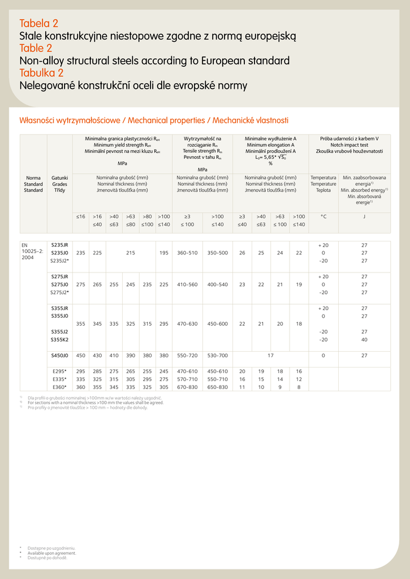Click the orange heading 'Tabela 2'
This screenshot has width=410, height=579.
[x=38, y=23]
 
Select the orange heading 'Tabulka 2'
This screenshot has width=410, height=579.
[x=41, y=73]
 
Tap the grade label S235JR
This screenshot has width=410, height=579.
[x=59, y=245]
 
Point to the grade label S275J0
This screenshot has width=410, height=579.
[x=59, y=284]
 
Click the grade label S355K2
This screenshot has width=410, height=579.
[x=59, y=340]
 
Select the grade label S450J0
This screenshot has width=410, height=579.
[x=59, y=356]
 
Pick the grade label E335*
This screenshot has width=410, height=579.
[x=59, y=379]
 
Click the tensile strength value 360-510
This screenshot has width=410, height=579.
[x=187, y=253]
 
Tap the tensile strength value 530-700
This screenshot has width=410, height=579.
[x=218, y=356]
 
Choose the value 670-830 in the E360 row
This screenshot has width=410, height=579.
[x=187, y=387]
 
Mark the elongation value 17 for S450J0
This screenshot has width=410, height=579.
[x=270, y=356]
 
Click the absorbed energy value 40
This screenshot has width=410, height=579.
[x=364, y=340]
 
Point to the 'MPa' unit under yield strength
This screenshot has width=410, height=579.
[x=122, y=163]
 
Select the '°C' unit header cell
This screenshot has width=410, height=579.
[x=323, y=217]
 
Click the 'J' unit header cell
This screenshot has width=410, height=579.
[x=364, y=217]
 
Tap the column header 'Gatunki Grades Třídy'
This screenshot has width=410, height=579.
[x=59, y=184]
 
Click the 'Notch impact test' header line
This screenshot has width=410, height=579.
[x=349, y=145]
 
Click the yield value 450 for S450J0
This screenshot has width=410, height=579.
[x=80, y=356]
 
